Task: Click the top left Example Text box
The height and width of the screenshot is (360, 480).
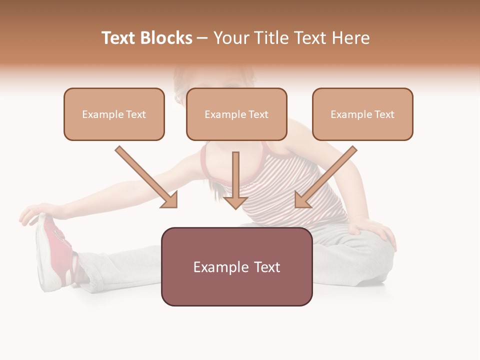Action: point(114,114)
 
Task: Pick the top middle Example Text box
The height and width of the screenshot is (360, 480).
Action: point(236,114)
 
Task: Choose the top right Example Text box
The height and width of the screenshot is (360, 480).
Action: point(362,114)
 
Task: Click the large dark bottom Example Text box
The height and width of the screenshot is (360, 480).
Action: point(236,267)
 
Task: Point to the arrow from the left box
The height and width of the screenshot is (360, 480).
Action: point(147,178)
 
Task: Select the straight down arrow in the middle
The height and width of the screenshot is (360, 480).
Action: point(235,180)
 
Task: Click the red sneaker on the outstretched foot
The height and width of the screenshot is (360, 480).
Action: point(57,250)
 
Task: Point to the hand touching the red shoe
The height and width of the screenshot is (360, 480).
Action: point(37,212)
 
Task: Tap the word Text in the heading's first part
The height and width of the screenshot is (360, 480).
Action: point(119,38)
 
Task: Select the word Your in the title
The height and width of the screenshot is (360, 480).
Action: point(230,38)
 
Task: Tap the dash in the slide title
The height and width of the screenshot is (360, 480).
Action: point(202,38)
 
